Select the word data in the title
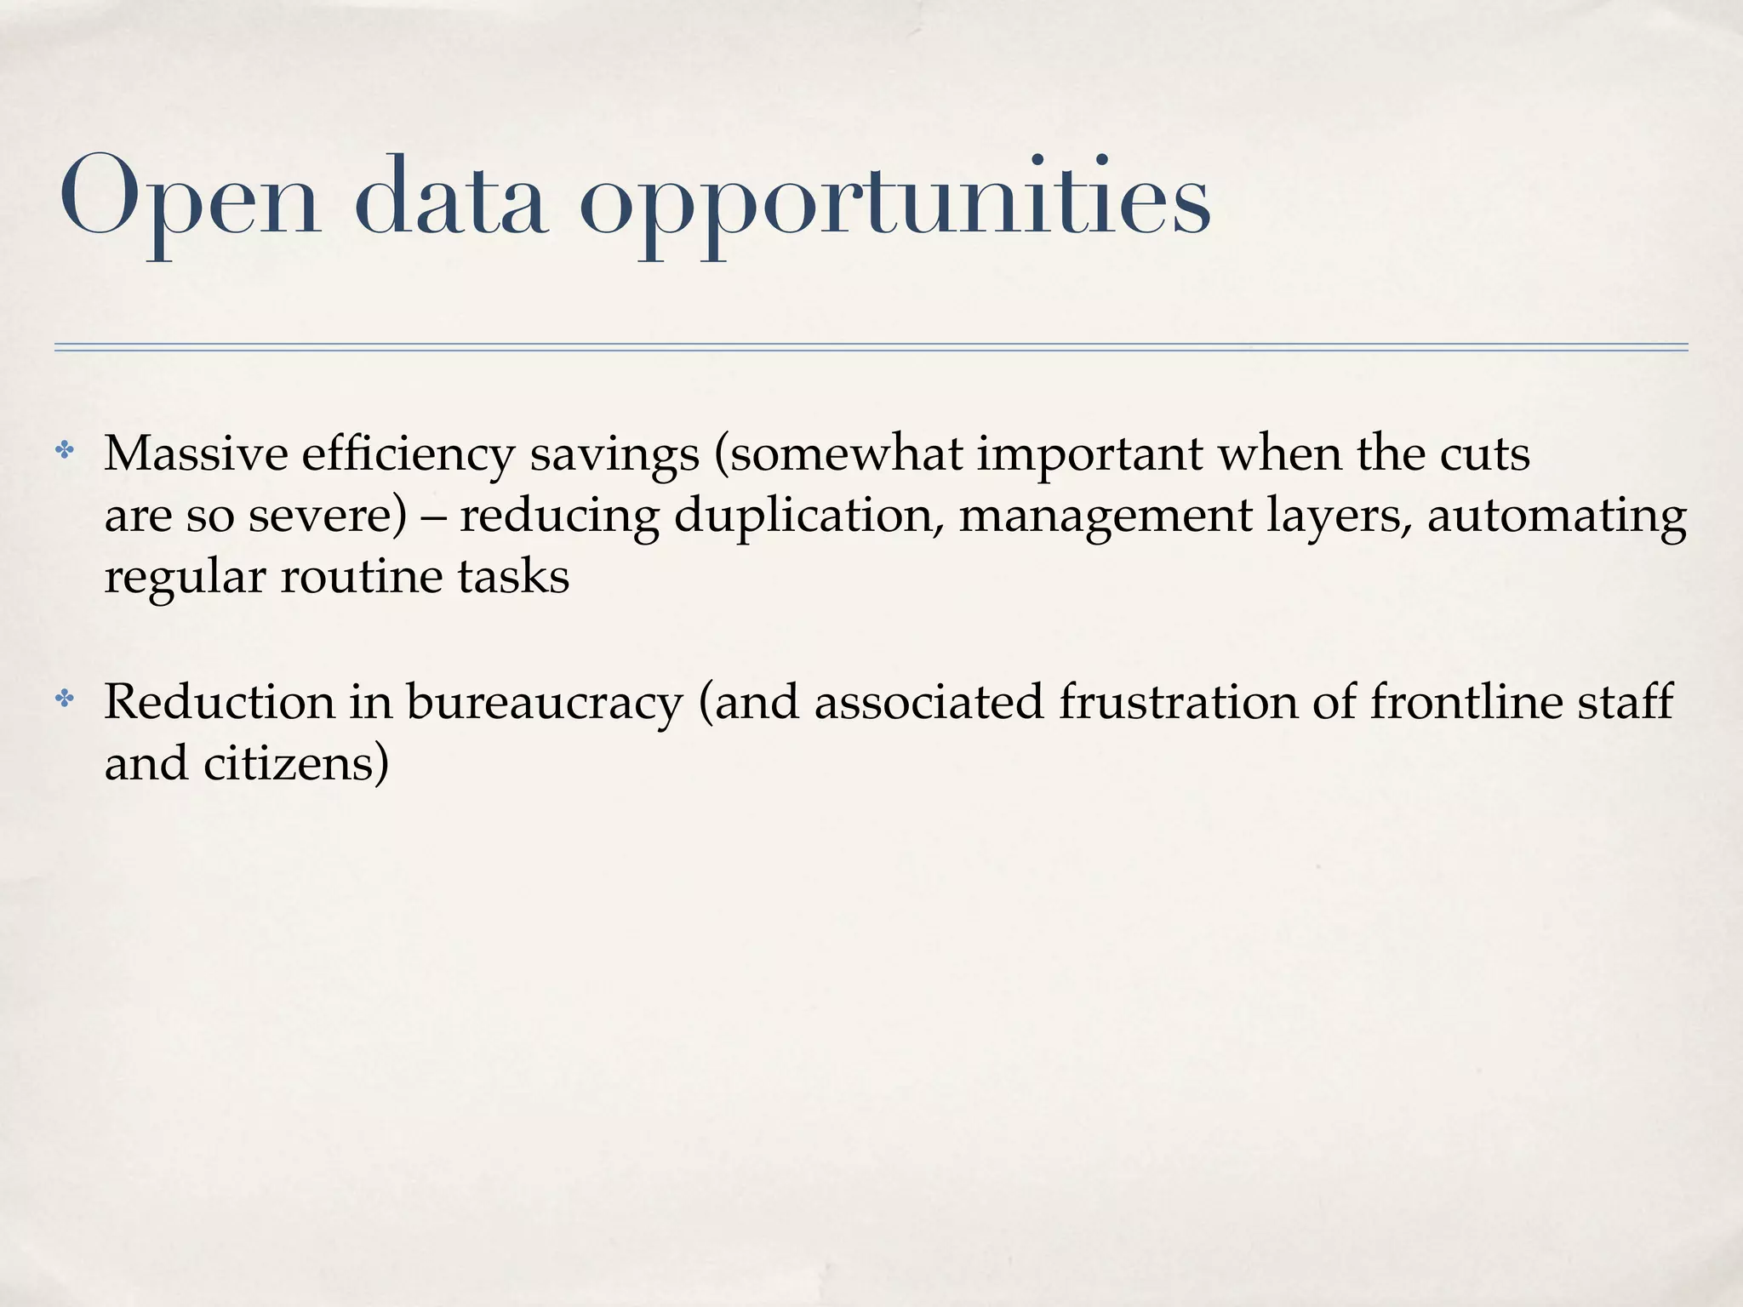(450, 197)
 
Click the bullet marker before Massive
(65, 451)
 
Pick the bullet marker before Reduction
(65, 699)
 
